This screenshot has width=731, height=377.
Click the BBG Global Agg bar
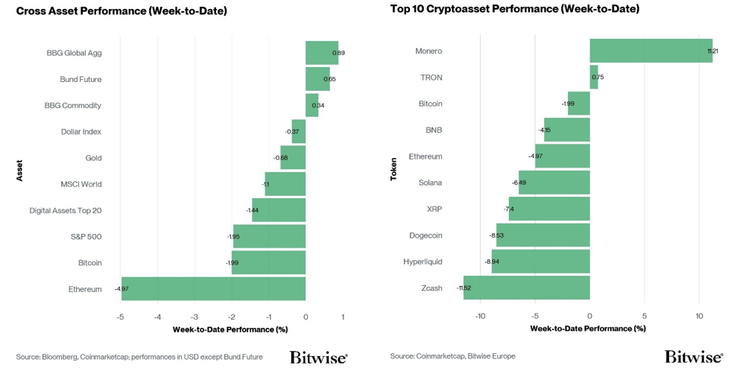point(322,53)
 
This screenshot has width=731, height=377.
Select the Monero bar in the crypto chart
point(651,51)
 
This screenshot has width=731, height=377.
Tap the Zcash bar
point(527,288)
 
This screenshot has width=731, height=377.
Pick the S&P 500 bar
point(270,236)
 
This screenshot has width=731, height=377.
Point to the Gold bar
point(293,157)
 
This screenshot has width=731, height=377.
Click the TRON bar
point(594,77)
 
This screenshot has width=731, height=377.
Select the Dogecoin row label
point(425,235)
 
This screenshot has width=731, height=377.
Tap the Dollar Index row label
point(81,131)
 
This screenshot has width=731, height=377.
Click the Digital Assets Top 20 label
point(66,210)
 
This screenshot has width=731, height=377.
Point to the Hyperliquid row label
point(423,262)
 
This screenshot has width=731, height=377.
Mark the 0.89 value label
point(338,53)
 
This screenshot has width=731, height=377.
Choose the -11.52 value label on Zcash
point(464,288)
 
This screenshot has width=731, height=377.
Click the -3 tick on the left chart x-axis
point(195,317)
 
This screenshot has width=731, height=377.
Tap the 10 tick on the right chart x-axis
point(699,316)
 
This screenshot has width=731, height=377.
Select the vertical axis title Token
point(394,169)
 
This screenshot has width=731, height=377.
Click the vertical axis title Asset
point(19,171)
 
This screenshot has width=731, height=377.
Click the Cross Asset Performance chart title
point(121,10)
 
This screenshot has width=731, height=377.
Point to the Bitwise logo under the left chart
point(319,357)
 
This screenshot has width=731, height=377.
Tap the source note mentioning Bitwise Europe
point(452,356)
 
